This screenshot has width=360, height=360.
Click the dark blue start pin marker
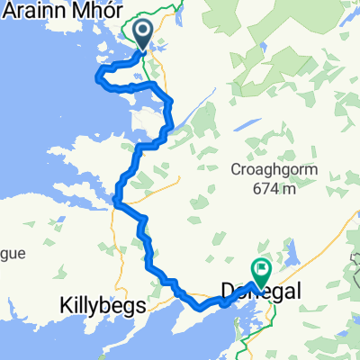point(144,33)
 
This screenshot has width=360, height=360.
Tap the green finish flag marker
point(261,268)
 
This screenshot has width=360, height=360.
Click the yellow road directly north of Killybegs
point(112,261)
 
